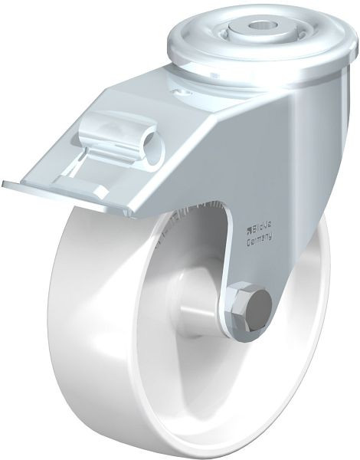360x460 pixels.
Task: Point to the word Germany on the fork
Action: (x=260, y=240)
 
